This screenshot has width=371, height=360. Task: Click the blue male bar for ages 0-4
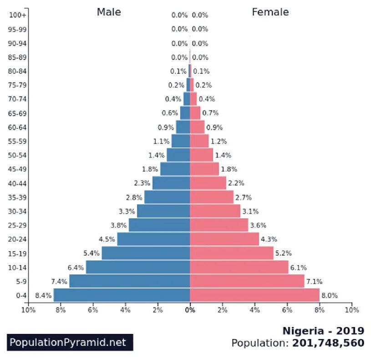[122, 295]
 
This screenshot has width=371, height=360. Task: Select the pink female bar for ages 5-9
[247, 281]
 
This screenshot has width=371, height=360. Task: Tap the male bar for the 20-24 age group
[153, 239]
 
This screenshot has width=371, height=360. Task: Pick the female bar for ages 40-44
[208, 183]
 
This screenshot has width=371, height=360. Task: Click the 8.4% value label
[43, 295]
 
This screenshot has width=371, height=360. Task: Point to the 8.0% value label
[330, 295]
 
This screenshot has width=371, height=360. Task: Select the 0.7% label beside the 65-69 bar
[210, 113]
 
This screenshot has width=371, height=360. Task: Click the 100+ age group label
[18, 15]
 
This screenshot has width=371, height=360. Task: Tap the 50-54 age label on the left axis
[18, 155]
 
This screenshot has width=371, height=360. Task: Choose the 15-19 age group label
[18, 253]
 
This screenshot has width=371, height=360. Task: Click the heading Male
[109, 12]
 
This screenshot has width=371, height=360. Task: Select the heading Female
[270, 12]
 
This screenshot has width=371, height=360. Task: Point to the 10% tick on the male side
[28, 310]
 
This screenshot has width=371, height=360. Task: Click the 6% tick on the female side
[287, 310]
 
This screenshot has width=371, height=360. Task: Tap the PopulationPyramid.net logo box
[70, 342]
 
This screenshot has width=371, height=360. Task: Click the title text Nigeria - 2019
[323, 330]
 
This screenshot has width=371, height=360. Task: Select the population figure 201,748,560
[328, 343]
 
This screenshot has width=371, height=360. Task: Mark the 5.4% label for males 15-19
[91, 253]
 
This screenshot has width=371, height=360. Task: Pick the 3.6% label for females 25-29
[258, 225]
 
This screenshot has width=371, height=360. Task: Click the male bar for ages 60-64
[183, 127]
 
